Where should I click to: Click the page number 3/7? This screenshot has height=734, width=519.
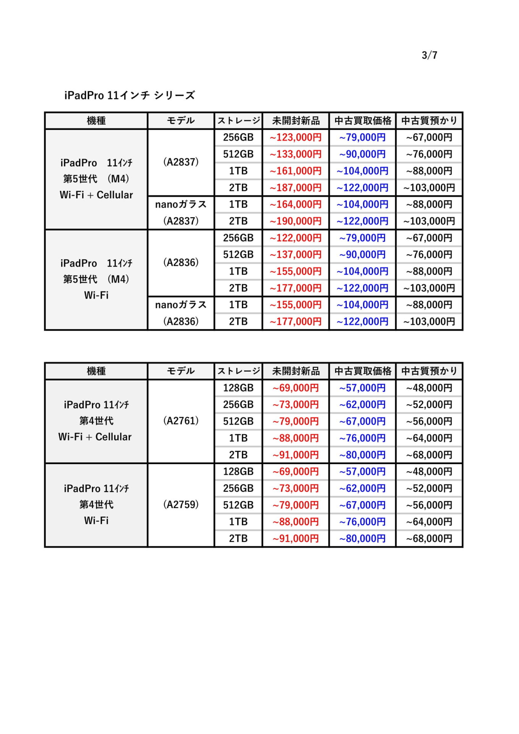coord(429,55)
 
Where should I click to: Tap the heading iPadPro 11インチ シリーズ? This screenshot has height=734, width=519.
coord(130,95)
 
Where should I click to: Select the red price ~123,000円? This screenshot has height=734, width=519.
coord(295,138)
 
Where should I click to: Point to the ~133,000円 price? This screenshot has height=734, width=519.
coord(295,154)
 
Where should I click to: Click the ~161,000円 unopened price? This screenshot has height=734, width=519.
coord(295,171)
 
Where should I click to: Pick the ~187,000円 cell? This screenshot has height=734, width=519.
coord(295,188)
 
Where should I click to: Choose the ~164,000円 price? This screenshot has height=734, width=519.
coord(295,205)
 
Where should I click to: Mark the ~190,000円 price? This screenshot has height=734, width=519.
coord(295,221)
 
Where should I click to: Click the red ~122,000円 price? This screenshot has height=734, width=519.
coord(295,238)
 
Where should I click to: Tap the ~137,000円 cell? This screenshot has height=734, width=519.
coord(295,255)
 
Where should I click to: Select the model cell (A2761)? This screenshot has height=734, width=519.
coord(181,421)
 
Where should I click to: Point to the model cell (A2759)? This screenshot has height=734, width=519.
coord(181,505)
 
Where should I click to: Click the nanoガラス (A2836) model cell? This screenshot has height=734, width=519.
coord(181,313)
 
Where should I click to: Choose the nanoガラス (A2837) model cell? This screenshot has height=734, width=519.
coord(181,213)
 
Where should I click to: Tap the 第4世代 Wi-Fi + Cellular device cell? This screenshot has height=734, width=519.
coord(96,421)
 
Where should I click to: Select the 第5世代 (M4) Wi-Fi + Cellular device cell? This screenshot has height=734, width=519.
coord(96,179)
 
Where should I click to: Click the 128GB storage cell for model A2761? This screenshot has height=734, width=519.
coord(238,388)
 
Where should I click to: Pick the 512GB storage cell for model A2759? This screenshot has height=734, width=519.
coord(238,505)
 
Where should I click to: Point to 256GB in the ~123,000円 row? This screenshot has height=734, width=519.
coord(238,138)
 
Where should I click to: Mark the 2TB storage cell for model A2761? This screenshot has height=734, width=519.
coord(238,455)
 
